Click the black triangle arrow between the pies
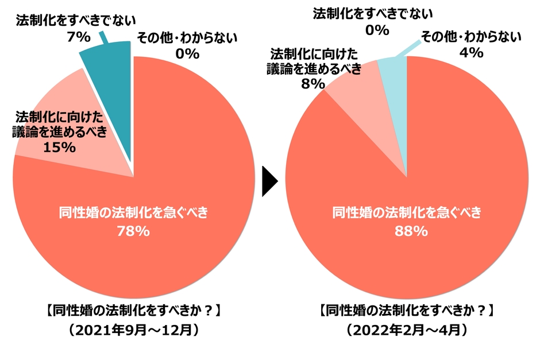tap(269, 182)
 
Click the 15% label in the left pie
tap(60, 147)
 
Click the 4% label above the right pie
tap(471, 52)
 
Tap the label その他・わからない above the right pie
tap(471, 37)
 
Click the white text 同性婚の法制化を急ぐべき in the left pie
tap(133, 212)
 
